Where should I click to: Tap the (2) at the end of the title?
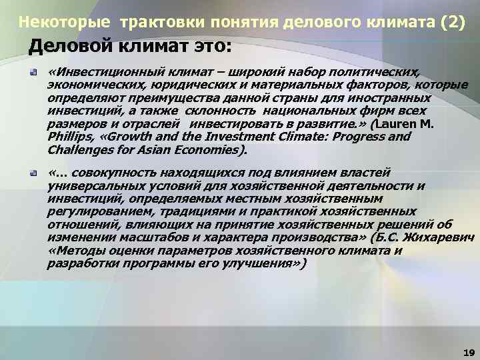(451, 22)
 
